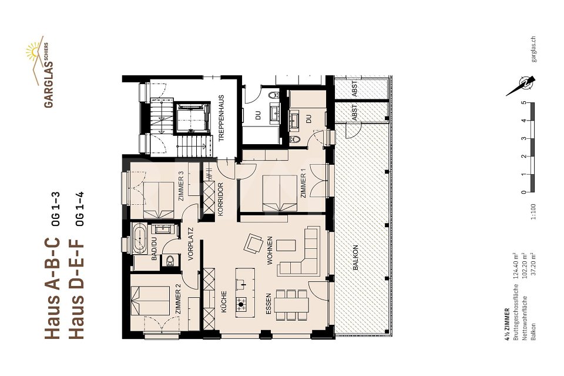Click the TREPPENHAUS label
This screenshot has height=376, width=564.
222,117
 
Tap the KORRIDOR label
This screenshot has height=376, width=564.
221,201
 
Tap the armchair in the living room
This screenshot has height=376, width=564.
254,244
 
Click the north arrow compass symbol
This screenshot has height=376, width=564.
522,86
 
